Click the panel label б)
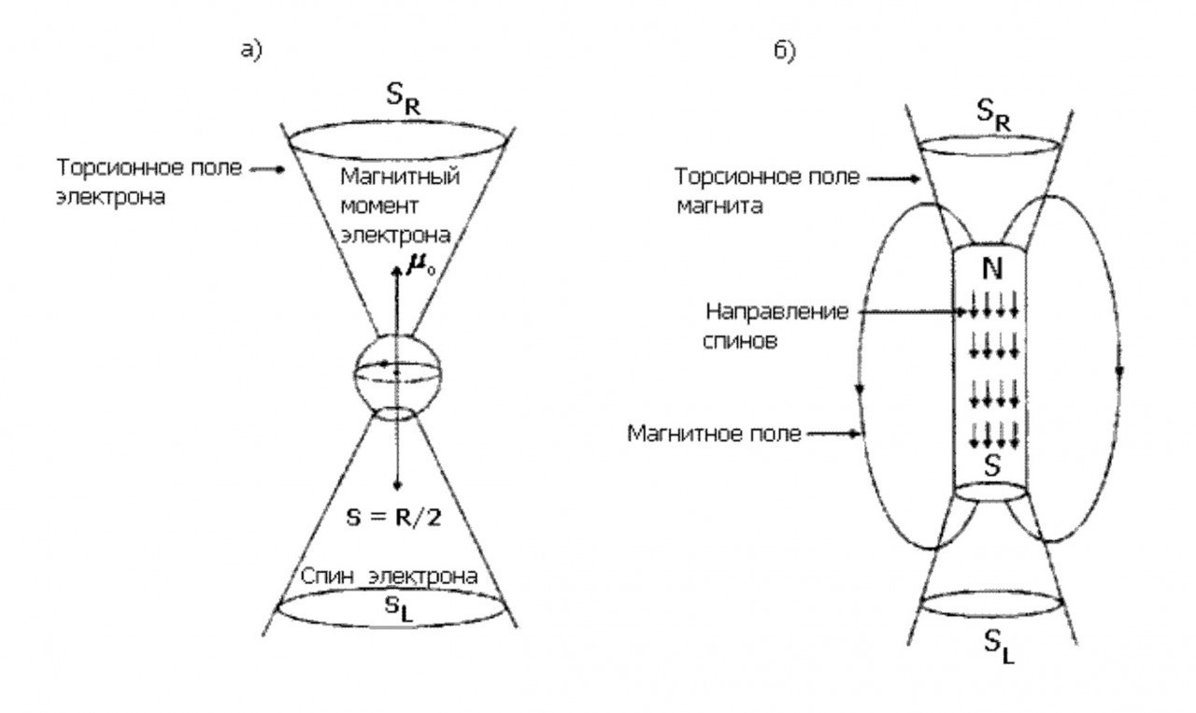[784, 51]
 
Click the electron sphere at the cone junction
[397, 375]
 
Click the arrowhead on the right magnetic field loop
[1119, 371]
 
